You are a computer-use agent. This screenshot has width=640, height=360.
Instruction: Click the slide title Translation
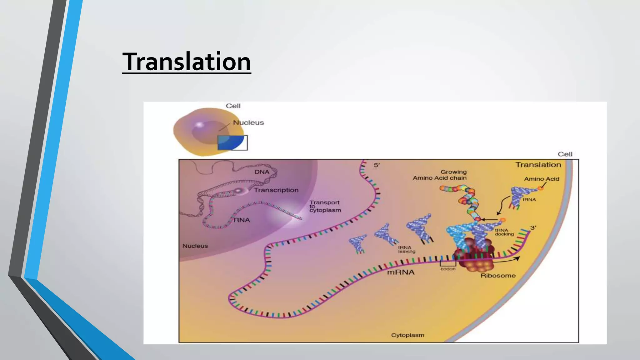[x=187, y=62]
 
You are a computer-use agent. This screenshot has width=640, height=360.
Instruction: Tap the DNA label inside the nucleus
[x=262, y=172]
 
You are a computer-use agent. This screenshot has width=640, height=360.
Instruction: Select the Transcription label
[x=276, y=190]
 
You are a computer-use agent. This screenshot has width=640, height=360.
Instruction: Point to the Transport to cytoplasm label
[x=325, y=206]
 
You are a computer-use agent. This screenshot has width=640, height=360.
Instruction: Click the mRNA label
[x=401, y=272]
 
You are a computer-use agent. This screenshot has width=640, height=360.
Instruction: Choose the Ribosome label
[x=498, y=276]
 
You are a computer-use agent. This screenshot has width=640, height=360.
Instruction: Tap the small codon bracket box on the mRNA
[x=448, y=263]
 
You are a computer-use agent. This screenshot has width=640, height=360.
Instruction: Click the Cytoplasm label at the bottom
[x=407, y=335]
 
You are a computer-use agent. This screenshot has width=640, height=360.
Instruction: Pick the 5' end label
[x=377, y=165]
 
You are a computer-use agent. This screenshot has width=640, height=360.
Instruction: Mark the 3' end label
[x=533, y=227]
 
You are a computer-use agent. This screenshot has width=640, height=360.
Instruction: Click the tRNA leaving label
[x=407, y=249]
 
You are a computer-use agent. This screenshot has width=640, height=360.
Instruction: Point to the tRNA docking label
[x=504, y=232]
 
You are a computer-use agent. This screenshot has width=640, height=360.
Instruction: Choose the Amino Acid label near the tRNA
[x=542, y=179]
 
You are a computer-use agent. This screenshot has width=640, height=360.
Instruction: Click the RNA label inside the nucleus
[x=242, y=220]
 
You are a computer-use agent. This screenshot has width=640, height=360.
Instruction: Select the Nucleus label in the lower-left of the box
[x=195, y=246]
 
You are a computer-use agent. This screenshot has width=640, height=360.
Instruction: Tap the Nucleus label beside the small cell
[x=248, y=122]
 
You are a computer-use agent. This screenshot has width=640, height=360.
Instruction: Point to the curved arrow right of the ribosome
[x=508, y=260]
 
